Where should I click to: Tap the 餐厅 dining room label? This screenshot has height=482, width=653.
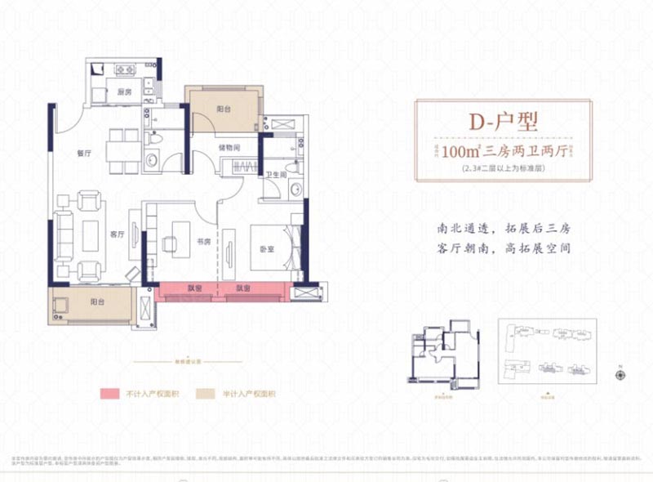(x=82, y=151)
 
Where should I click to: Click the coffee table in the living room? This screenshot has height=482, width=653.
(x=89, y=234)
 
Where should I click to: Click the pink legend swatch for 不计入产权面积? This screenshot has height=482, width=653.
(x=111, y=394)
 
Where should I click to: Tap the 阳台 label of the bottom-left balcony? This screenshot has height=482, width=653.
(x=97, y=302)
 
